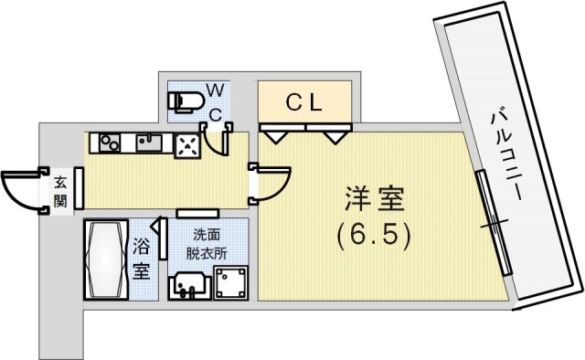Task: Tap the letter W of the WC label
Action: (214, 90)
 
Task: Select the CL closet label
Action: (304, 103)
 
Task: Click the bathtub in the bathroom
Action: (105, 259)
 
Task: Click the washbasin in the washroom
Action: (189, 285)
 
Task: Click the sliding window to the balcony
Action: (492, 221)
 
